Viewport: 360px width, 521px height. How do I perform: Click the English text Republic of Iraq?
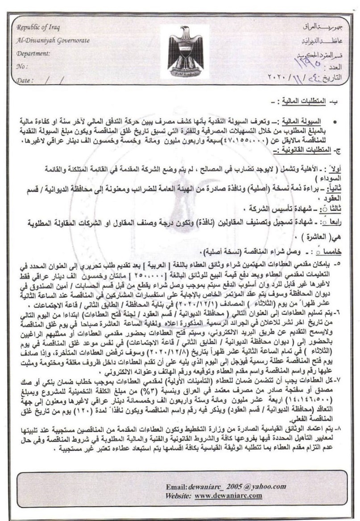pyautogui.click(x=36, y=27)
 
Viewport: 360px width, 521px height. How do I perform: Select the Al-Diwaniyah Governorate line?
pyautogui.click(x=53, y=41)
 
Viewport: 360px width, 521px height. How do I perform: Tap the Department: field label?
pyautogui.click(x=33, y=53)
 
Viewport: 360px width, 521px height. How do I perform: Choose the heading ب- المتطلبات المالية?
pyautogui.click(x=312, y=102)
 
